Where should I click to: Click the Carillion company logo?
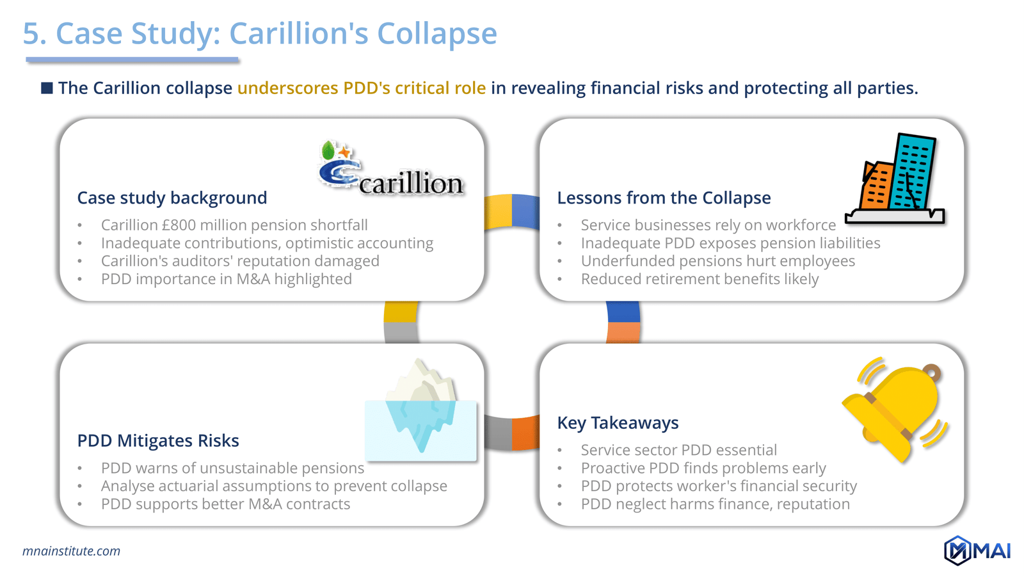390,170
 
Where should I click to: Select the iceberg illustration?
421,410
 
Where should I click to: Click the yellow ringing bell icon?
896,410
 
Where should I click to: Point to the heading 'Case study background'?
172,198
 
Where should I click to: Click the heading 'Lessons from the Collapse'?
664,198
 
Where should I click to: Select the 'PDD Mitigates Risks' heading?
158,440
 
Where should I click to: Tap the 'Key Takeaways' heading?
618,422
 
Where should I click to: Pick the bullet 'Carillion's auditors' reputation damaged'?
240,261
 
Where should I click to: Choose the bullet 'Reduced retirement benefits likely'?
700,279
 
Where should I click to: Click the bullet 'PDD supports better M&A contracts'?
225,504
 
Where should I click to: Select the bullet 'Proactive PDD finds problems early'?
703,468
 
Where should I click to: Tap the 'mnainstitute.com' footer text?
71,551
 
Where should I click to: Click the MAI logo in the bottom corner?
977,550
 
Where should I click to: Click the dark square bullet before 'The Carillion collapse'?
47,88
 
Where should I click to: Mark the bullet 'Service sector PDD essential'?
678,451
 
